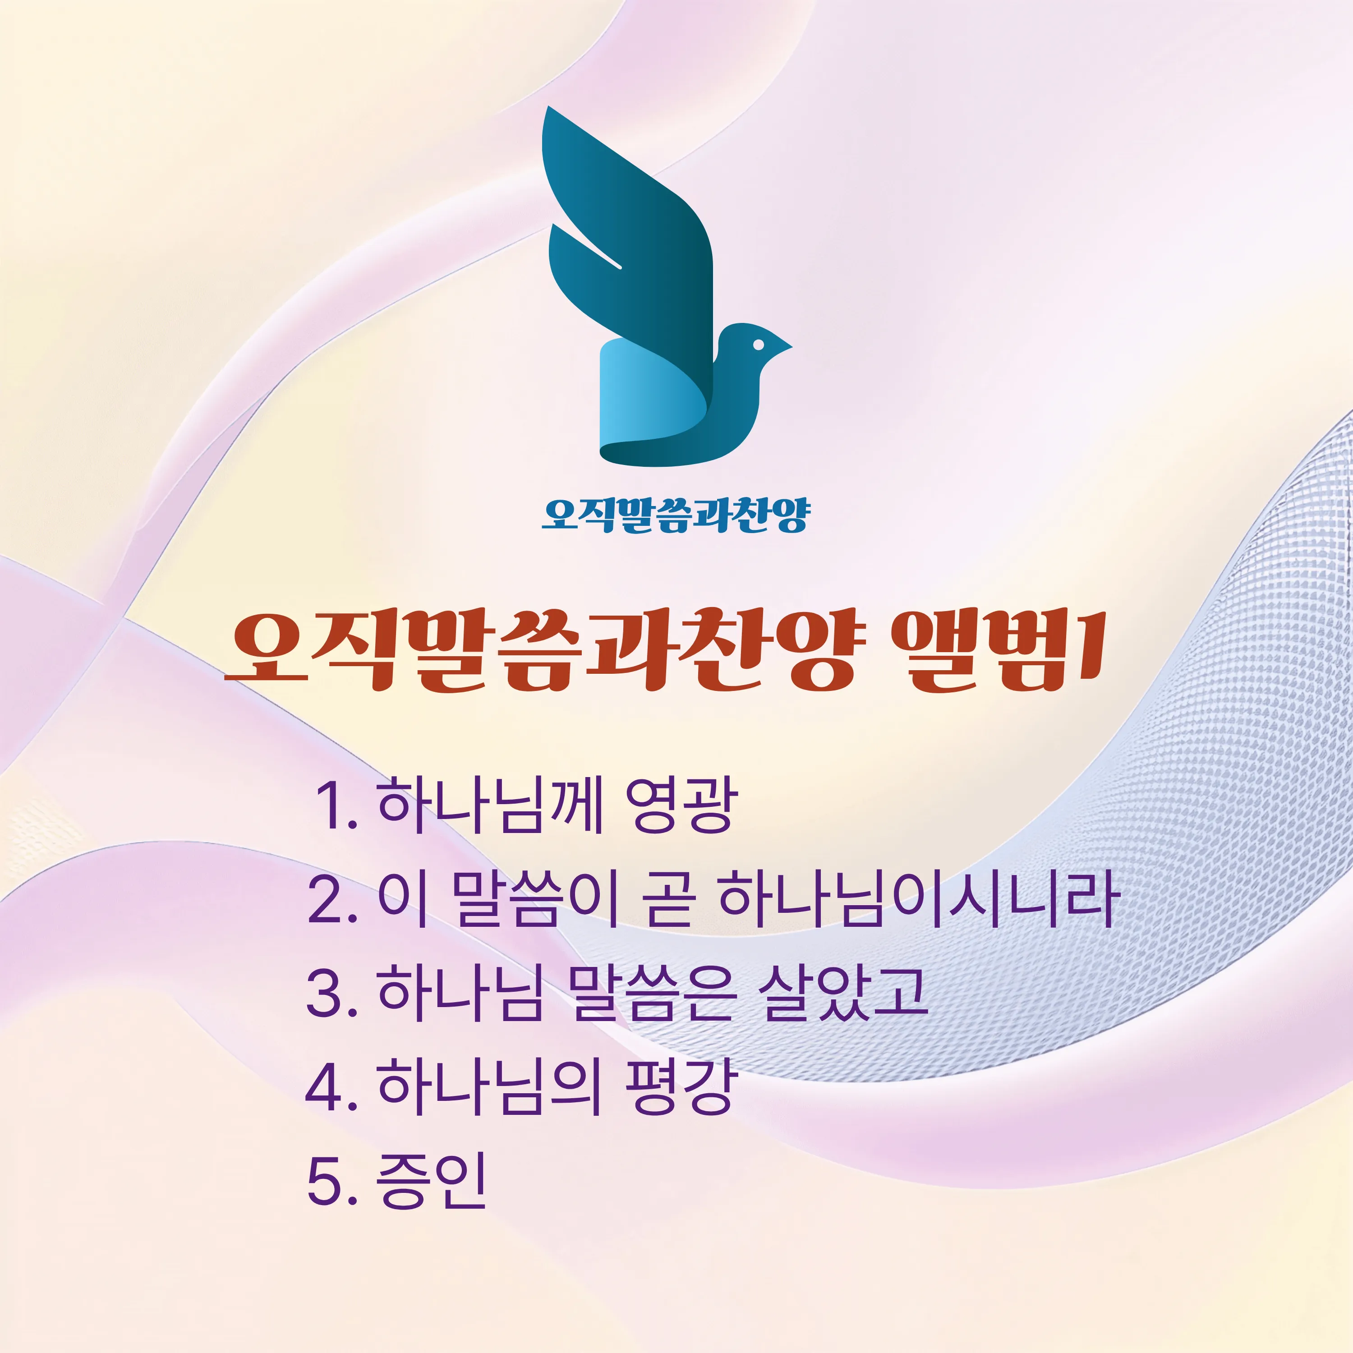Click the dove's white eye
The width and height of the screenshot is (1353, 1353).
[759, 345]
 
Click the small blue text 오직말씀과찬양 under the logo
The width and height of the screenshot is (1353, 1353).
[676, 516]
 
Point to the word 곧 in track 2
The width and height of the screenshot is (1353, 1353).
[669, 899]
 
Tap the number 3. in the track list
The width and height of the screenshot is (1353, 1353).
[333, 994]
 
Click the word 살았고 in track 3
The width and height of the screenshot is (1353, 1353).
[845, 993]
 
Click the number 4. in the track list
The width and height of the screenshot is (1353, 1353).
[333, 1087]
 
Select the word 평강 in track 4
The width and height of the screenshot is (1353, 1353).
[681, 1087]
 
